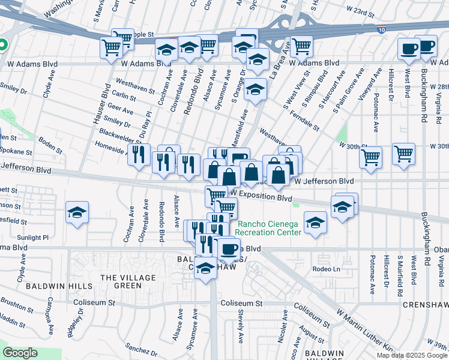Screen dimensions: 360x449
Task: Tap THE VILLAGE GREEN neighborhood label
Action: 128,281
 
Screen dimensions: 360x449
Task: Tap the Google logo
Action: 20,353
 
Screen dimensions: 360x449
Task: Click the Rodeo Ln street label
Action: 327,269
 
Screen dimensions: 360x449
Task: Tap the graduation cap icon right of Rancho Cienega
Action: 315,223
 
